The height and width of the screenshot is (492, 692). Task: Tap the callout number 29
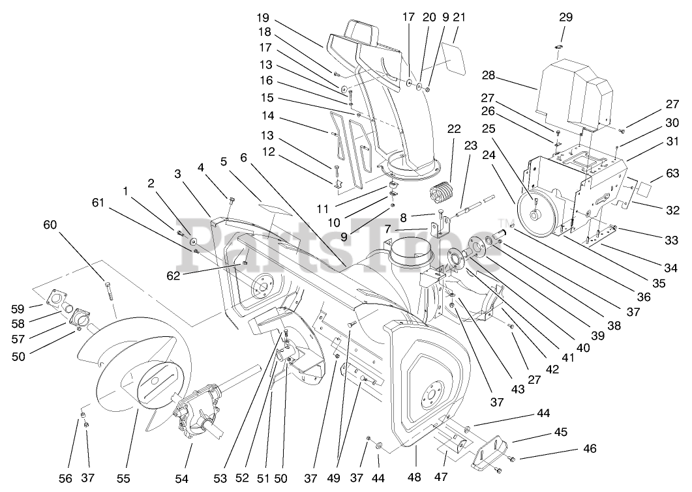click(x=565, y=17)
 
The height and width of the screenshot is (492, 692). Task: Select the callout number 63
click(x=673, y=174)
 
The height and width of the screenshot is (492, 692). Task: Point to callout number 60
click(x=50, y=225)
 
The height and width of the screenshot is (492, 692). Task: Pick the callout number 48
click(x=414, y=477)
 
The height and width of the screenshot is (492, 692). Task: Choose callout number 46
click(x=589, y=449)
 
